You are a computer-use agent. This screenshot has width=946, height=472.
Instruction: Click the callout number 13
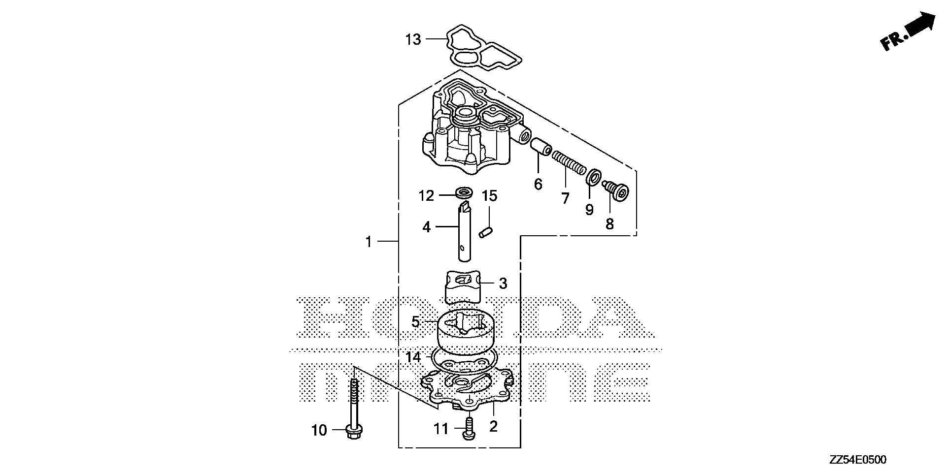[413, 39]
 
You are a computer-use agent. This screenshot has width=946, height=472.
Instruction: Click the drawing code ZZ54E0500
[857, 460]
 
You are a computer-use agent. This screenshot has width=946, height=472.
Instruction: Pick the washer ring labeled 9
[593, 177]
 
